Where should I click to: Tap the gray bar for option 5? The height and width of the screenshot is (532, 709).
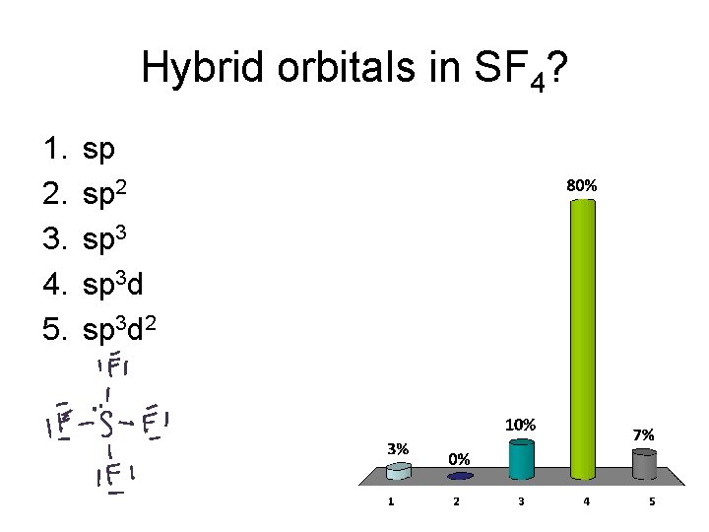coord(644,466)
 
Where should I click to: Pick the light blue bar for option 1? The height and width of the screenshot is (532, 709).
coord(397,472)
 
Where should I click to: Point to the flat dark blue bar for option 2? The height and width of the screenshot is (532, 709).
coord(459,477)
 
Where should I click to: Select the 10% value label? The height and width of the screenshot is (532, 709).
coord(520,425)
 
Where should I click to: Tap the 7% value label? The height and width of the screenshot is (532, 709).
coord(644,434)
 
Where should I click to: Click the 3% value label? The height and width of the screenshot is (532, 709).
coord(397,446)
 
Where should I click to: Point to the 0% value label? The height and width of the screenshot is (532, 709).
coord(459,458)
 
